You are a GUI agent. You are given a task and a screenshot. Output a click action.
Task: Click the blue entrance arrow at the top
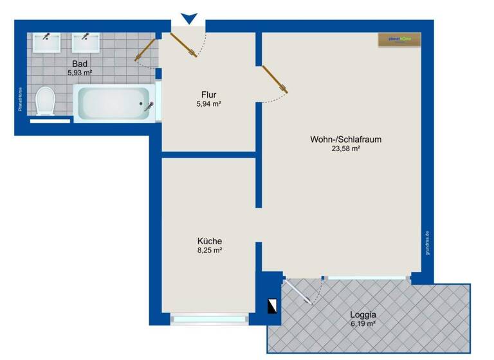188,19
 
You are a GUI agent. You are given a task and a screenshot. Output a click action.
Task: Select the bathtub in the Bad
115,103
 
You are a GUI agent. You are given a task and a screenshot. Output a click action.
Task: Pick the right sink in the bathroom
84,42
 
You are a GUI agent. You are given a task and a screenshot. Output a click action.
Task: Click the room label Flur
209,95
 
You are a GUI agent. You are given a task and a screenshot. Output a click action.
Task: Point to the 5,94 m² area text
209,104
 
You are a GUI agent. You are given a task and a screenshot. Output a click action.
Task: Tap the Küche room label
209,241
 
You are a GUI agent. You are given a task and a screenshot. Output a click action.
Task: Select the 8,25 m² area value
209,251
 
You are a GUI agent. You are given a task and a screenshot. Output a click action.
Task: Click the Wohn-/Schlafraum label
341,139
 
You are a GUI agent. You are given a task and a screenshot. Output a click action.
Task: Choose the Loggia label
363,315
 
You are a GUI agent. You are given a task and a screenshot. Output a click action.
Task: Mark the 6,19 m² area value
363,325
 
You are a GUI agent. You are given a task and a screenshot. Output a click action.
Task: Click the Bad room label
80,64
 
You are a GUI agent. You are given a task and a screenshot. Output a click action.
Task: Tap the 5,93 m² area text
80,73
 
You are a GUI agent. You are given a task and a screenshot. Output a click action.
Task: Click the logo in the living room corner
399,39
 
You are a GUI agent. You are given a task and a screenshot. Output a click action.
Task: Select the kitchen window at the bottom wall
208,318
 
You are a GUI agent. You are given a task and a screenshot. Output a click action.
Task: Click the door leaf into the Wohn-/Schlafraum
274,78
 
